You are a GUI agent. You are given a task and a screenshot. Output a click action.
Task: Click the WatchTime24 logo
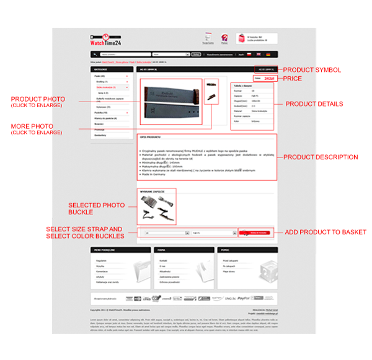[105, 38]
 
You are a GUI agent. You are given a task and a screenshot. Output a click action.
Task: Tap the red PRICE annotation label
[293, 79]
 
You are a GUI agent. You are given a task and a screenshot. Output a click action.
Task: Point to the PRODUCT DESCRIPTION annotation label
[321, 157]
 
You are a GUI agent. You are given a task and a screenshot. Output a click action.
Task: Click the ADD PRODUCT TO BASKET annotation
[325, 232]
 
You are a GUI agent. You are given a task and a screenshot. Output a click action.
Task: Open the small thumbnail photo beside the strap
[211, 91]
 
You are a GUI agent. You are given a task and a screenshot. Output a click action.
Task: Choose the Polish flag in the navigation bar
[249, 55]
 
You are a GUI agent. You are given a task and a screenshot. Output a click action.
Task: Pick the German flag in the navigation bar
[268, 55]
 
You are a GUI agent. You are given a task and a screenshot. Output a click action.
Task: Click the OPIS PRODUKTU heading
[150, 136]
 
